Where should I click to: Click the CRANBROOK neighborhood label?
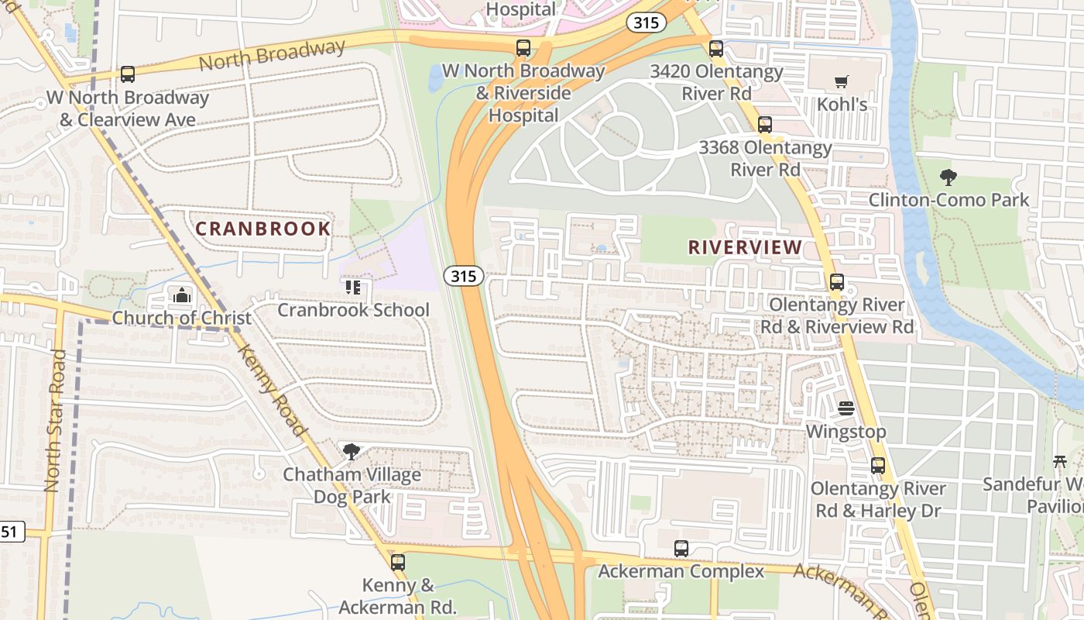click(263, 229)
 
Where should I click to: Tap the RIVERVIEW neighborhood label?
click(745, 247)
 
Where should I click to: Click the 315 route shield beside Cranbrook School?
click(464, 275)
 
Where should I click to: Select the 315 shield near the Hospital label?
click(646, 22)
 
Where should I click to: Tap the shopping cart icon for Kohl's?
click(842, 81)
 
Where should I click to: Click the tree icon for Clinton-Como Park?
click(948, 177)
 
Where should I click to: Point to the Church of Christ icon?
click(182, 295)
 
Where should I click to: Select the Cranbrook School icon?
click(353, 288)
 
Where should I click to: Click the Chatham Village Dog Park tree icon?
click(352, 451)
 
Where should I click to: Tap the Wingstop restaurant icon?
click(846, 408)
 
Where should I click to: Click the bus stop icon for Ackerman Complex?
click(681, 549)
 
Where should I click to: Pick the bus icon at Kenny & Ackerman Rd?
click(398, 563)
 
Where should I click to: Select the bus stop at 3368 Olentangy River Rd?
click(765, 125)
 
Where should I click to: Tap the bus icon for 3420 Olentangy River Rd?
click(716, 49)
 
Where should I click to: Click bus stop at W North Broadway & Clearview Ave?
click(128, 75)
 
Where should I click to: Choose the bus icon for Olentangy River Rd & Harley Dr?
click(878, 466)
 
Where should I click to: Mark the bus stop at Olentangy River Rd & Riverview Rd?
click(837, 282)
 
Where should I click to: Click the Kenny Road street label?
click(272, 391)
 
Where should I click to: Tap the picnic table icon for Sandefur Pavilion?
click(1061, 462)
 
